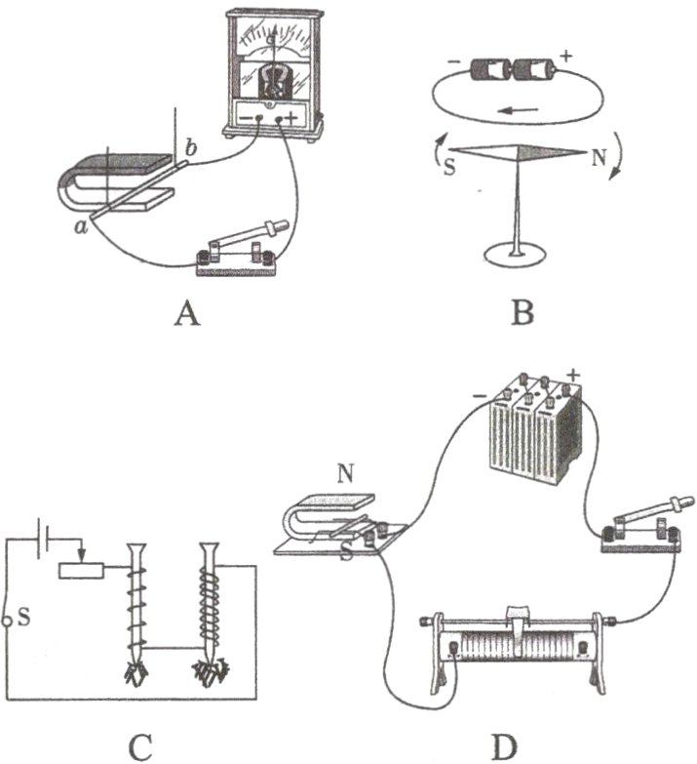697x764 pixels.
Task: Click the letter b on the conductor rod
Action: tap(191, 148)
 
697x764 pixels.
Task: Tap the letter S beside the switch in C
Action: tap(22, 617)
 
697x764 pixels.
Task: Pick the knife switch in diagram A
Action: tap(239, 250)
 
